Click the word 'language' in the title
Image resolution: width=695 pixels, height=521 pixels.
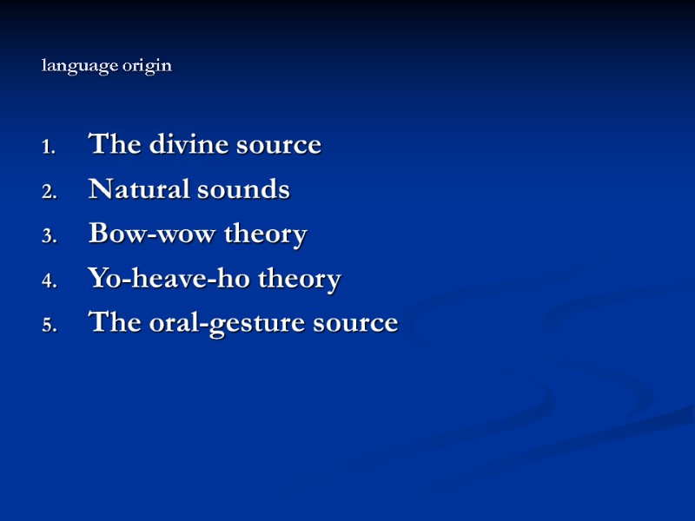[x=77, y=66]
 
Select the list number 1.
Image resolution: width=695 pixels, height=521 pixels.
[x=49, y=147]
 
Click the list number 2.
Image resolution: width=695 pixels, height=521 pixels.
[x=49, y=192]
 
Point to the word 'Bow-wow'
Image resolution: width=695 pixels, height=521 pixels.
[x=153, y=234]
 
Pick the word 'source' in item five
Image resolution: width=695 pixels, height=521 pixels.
[x=354, y=324]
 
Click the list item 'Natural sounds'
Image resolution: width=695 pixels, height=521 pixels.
[x=189, y=189]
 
